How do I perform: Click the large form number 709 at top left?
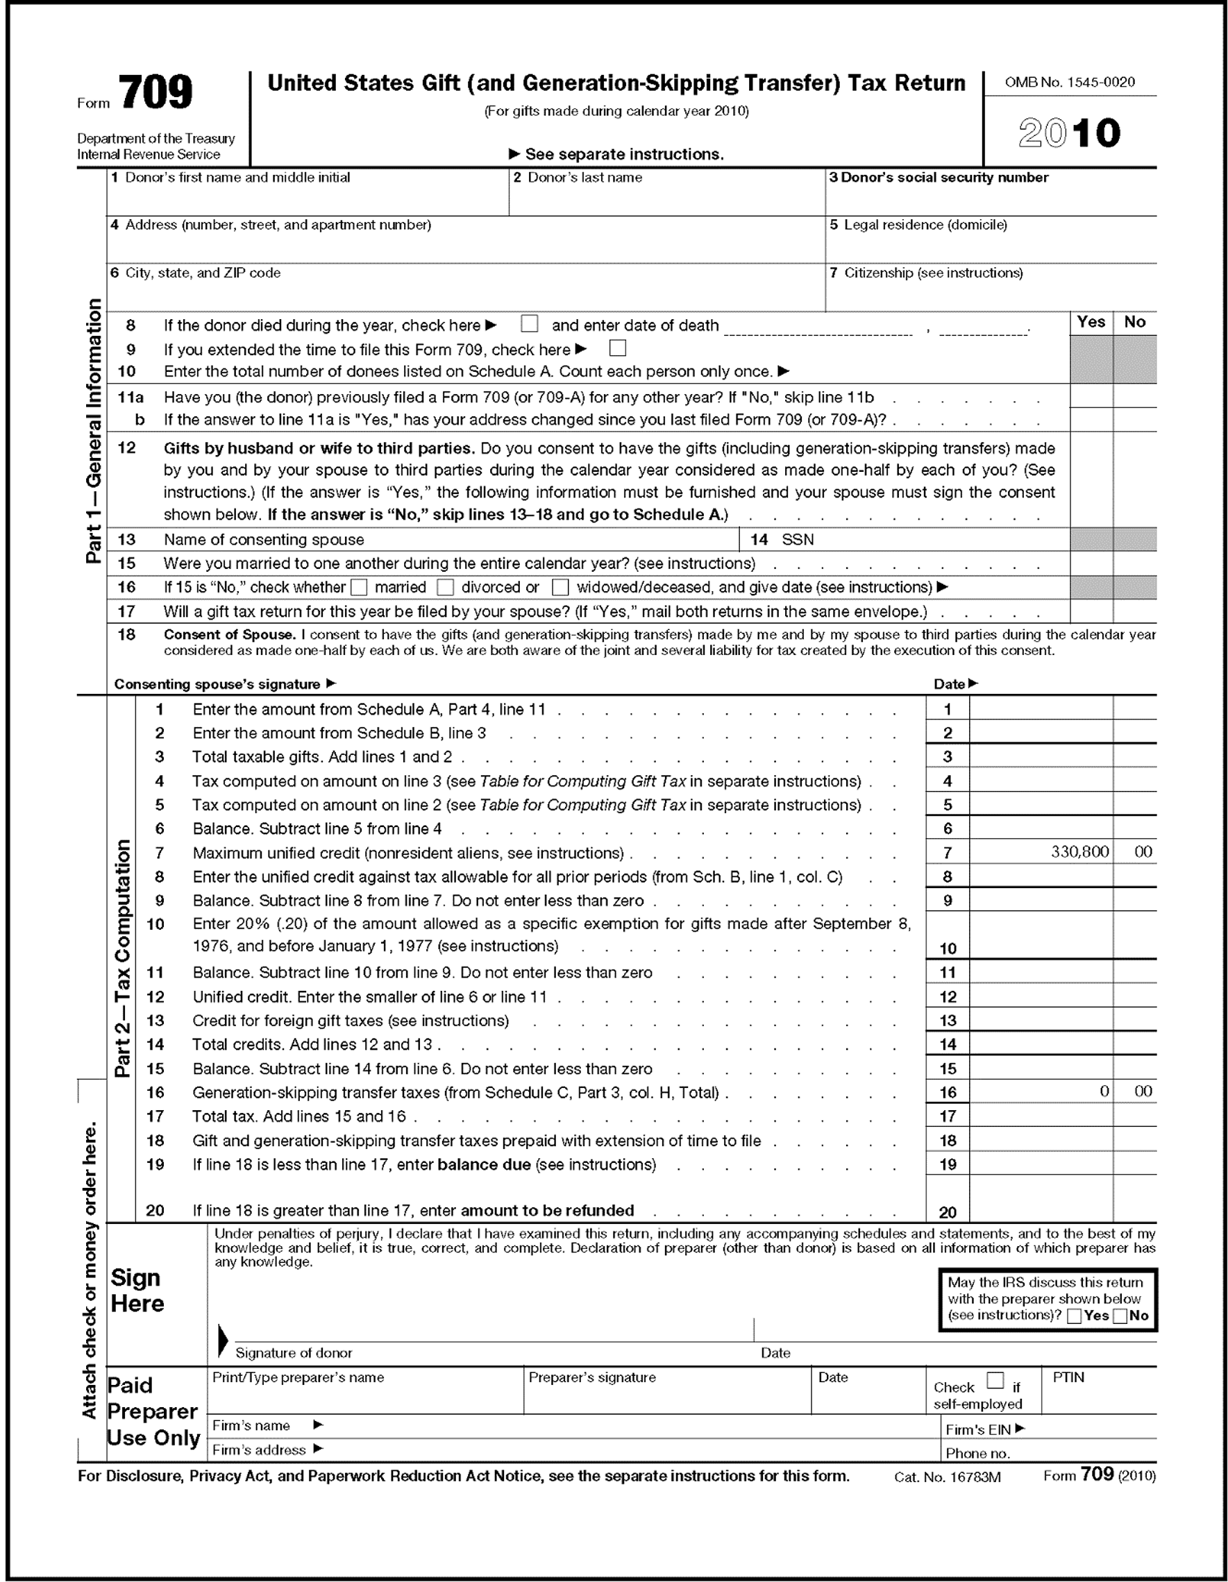pos(155,92)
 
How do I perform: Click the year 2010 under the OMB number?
pos(1068,133)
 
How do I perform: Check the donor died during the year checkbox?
pos(530,323)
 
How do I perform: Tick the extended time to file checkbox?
pos(617,348)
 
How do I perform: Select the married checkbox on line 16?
pos(360,587)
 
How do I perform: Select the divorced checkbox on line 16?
pos(446,587)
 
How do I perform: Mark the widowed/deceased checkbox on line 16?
pos(560,587)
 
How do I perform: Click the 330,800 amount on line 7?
pos(1079,852)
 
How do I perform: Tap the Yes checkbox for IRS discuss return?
pos(1075,1316)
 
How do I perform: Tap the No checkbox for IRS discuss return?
pos(1119,1316)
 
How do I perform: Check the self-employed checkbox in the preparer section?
pos(995,1380)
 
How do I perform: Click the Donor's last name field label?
pos(578,178)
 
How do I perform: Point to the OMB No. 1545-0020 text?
pos(1069,83)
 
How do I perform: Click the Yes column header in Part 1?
pos(1091,323)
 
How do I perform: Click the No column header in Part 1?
pos(1134,323)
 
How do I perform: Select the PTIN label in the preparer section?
pos(1068,1378)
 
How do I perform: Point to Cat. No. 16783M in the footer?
pos(947,1477)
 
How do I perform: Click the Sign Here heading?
pos(137,1291)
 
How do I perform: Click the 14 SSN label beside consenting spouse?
pos(782,540)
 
